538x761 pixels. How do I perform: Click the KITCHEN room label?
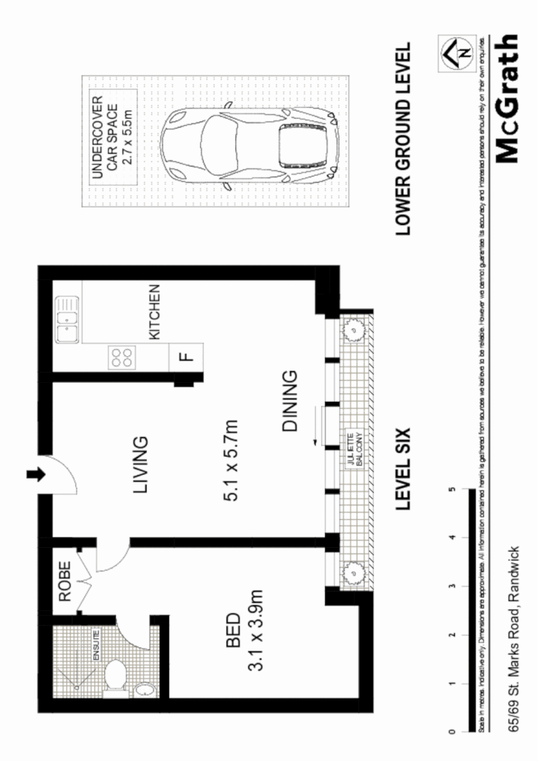pyautogui.click(x=154, y=312)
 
